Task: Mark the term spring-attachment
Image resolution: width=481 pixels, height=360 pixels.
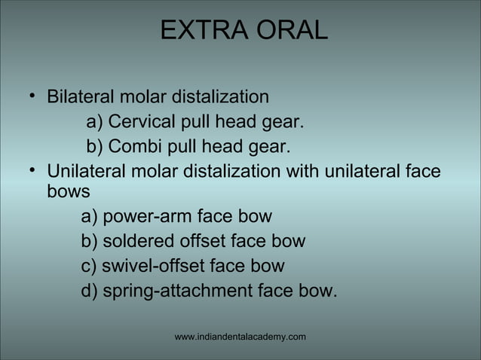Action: pos(178,290)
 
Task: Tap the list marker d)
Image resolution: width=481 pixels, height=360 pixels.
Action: pos(90,290)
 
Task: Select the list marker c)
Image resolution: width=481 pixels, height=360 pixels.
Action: pos(90,266)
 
